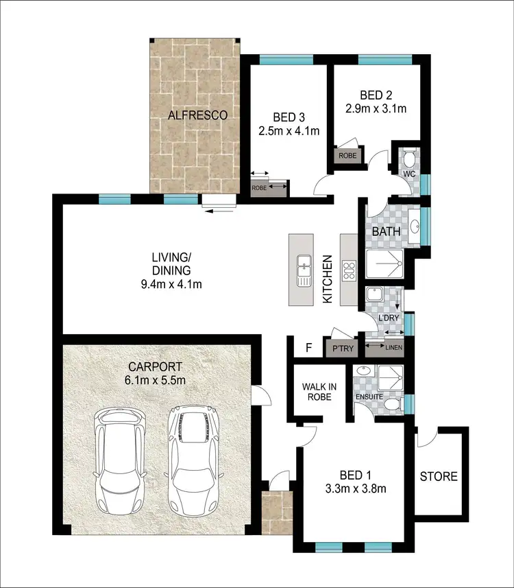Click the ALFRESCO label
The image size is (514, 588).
click(x=198, y=115)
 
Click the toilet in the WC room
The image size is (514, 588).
click(x=409, y=159)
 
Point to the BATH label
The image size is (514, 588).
click(x=385, y=232)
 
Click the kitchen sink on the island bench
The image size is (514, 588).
click(x=302, y=270)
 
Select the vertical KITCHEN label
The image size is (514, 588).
click(x=328, y=279)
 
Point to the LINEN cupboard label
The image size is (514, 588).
click(x=394, y=348)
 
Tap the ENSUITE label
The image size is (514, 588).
click(x=368, y=397)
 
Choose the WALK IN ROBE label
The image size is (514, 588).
click(x=317, y=392)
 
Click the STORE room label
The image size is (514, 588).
click(x=439, y=476)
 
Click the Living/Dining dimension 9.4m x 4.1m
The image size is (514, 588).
click(x=171, y=283)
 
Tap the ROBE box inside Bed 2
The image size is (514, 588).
click(x=347, y=156)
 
